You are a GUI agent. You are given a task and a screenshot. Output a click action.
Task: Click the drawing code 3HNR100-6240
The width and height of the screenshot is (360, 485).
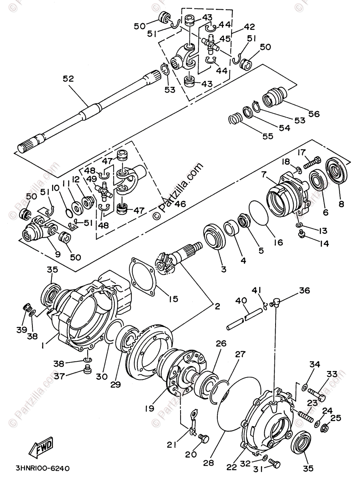click(43, 468)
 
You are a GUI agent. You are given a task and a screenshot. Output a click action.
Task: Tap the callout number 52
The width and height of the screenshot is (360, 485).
click(68, 78)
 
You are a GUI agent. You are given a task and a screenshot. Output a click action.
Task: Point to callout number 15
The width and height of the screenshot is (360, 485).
click(173, 299)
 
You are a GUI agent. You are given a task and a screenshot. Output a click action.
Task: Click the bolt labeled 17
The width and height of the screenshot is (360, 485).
click(312, 163)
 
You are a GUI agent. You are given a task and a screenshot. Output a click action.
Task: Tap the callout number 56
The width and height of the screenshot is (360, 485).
click(314, 114)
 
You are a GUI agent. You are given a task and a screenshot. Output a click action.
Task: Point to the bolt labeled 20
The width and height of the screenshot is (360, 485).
click(204, 438)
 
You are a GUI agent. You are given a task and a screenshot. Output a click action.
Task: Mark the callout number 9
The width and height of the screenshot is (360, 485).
click(57, 254)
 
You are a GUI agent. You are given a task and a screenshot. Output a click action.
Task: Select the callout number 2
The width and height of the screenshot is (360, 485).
click(217, 306)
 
